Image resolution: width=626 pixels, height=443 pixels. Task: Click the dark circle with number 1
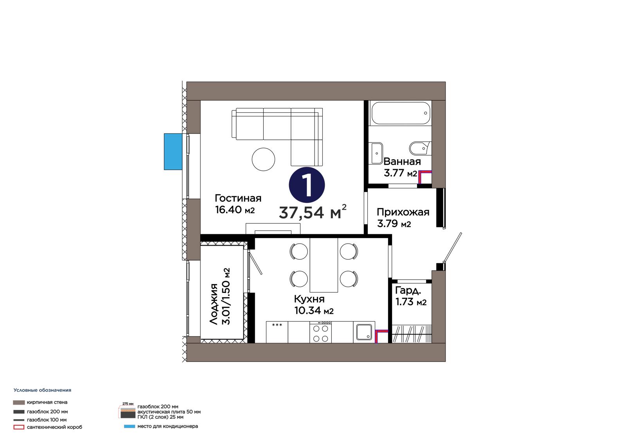(307, 185)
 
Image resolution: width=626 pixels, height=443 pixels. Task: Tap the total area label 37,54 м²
(313, 212)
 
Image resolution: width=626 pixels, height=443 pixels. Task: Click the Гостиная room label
(238, 198)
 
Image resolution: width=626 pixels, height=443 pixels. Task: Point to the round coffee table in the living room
(263, 159)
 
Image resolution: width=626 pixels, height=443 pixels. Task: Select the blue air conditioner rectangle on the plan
(173, 152)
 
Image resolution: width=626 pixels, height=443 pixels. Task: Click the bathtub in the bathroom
(400, 113)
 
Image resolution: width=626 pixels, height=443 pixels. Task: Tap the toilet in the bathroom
(420, 148)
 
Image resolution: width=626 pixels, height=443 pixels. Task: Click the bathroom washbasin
(377, 153)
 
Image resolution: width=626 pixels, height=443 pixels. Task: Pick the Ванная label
(402, 161)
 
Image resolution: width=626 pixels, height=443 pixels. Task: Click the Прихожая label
(403, 212)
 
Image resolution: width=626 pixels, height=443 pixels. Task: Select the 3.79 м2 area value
(394, 224)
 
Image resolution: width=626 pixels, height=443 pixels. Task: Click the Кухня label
(309, 299)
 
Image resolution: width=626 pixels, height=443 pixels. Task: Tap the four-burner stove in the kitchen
(320, 332)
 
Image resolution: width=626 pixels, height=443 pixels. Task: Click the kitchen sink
(364, 332)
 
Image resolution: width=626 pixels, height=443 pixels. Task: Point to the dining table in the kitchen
(324, 265)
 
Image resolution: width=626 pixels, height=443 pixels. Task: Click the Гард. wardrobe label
(408, 291)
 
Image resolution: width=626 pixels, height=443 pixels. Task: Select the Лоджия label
(214, 304)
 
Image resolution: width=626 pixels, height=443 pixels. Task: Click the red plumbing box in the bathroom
(425, 177)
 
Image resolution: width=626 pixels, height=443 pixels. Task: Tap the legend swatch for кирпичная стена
(19, 402)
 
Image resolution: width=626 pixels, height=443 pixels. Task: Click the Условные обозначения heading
(43, 390)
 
